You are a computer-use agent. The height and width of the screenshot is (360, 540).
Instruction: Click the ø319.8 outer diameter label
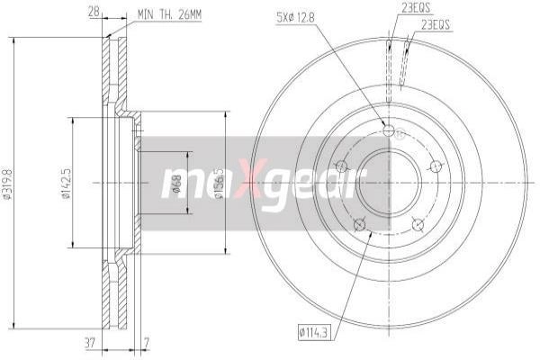coord(7,184)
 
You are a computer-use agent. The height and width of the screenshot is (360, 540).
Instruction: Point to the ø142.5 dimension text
coord(67,184)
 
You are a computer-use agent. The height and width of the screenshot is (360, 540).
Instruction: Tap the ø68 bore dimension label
coord(176,184)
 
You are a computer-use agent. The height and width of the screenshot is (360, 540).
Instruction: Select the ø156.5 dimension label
coord(219,184)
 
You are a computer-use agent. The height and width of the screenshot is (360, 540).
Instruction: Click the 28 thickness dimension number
coord(94,13)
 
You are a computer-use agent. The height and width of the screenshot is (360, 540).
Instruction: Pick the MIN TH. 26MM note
coord(169,14)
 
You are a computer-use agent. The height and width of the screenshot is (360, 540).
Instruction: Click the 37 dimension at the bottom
coord(90,343)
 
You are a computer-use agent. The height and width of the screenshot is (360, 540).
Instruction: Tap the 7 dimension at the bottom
coord(147,343)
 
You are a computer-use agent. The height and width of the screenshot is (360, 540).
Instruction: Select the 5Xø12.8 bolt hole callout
coord(295,18)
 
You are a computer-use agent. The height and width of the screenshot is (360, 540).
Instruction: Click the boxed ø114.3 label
coord(314,333)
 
